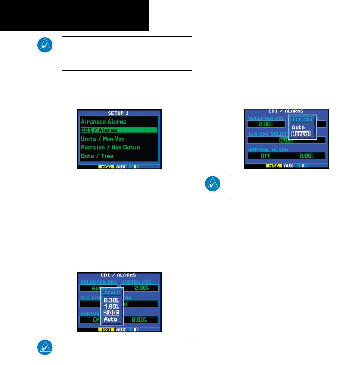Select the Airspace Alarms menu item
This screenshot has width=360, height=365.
[103, 121]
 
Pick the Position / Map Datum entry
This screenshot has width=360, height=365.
[110, 147]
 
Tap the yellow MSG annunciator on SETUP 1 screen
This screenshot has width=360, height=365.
[107, 167]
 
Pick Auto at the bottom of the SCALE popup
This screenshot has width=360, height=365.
[110, 319]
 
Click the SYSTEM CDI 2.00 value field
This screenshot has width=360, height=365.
[140, 288]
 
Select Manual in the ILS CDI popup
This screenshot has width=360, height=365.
[301, 134]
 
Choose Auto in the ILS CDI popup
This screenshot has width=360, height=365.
[298, 127]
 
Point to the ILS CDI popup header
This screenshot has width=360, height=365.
[302, 120]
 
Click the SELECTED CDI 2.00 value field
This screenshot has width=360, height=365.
[266, 124]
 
